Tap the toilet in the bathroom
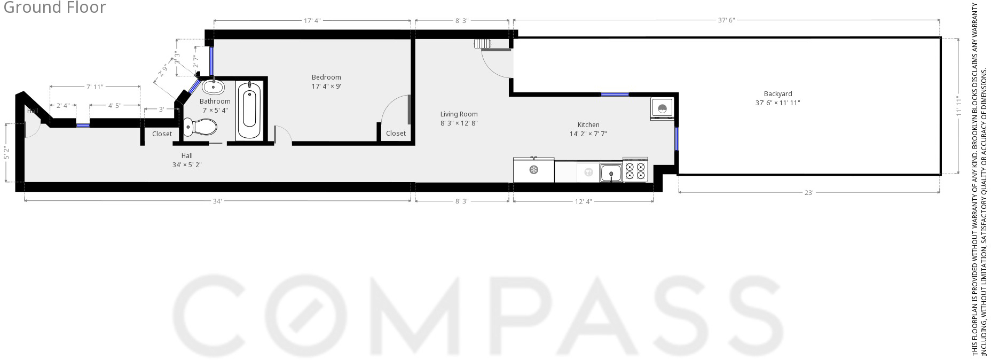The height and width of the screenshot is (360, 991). pos(200,127)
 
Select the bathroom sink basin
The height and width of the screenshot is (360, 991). pos(214,87)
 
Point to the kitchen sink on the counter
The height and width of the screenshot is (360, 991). pos(611,173)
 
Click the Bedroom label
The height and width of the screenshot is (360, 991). pos(326,77)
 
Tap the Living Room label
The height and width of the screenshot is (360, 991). pos(459,114)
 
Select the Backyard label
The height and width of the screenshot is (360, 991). pos(777,94)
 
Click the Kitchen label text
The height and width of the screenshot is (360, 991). pos(588,125)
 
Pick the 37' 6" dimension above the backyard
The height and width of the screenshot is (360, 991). pos(726,20)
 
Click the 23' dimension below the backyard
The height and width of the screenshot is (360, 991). pos(808,192)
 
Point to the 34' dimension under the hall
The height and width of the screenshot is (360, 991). pos(217,201)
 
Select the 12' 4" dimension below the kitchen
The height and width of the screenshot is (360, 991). pos(583,201)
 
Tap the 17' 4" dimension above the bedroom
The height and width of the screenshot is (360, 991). pos(312,21)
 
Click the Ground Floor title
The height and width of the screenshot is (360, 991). pos(54,7)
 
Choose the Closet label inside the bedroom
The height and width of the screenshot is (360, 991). pos(396,134)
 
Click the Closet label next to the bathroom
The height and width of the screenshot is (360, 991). pos(162,134)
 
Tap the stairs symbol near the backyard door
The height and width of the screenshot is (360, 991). pos(482,44)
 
